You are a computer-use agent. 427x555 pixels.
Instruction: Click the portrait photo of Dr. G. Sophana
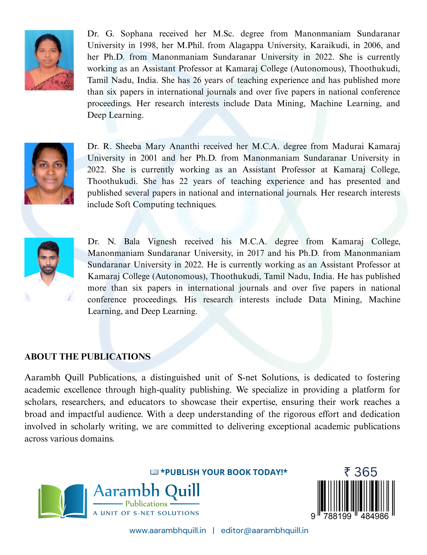[x=49, y=60]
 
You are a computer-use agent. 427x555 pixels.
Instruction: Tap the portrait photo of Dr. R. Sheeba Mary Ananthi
[x=49, y=174]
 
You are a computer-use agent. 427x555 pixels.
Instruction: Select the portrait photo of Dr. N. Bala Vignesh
[x=49, y=269]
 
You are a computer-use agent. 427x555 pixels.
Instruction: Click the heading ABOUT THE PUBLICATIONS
[x=88, y=356]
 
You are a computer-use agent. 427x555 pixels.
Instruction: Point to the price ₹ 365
[x=361, y=472]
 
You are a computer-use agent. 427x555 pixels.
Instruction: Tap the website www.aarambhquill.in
[x=168, y=530]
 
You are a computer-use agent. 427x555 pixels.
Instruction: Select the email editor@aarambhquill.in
[x=264, y=530]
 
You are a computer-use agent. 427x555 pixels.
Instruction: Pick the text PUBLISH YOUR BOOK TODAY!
[x=224, y=472]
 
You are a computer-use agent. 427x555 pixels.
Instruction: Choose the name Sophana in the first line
[x=136, y=34]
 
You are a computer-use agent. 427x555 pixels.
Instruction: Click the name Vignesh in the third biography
[x=162, y=241]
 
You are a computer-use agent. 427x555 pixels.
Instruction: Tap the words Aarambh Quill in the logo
[x=147, y=491]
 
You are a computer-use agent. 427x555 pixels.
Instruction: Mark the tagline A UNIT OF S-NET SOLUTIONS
[x=146, y=513]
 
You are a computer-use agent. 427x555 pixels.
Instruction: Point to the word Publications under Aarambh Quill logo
[x=146, y=504]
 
